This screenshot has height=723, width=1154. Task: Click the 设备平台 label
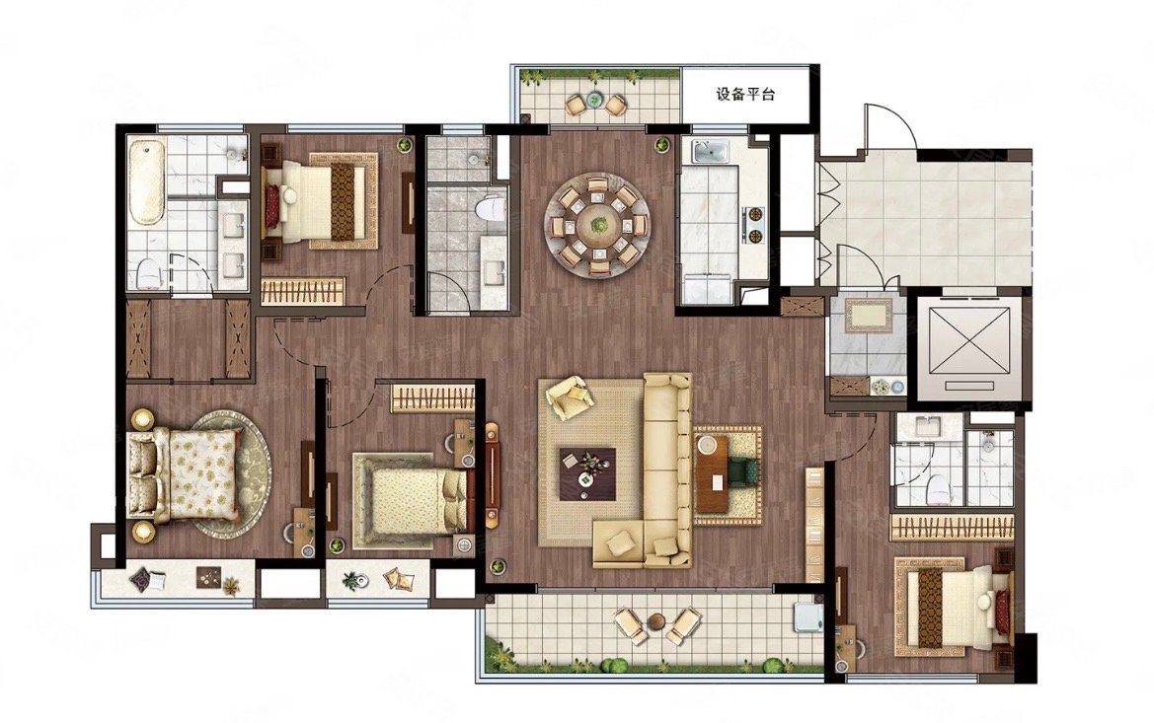(x=745, y=95)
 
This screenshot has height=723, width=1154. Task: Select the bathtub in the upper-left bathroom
(x=146, y=181)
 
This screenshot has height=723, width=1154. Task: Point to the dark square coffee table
(x=587, y=472)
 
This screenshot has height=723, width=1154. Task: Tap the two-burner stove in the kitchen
(x=754, y=225)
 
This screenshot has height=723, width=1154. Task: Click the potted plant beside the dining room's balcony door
(x=661, y=143)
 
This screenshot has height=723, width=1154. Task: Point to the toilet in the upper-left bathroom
(x=147, y=272)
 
